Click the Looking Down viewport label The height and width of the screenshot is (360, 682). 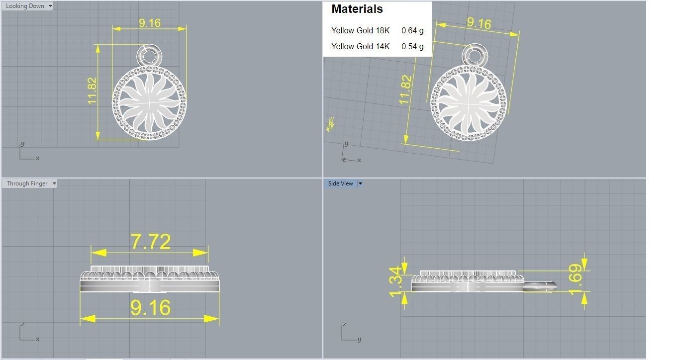25,6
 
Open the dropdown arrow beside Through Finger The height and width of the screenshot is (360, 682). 54,183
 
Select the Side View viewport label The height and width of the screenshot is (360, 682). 340,183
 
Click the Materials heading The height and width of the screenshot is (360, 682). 357,9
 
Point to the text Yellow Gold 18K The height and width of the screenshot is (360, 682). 360,30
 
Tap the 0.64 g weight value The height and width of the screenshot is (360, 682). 412,30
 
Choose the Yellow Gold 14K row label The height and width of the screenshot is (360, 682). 360,46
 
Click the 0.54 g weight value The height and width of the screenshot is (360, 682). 412,46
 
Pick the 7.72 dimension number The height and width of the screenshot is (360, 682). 150,242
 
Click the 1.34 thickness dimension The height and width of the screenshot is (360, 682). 395,281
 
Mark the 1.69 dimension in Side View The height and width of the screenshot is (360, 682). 575,274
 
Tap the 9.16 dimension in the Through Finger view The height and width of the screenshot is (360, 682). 150,308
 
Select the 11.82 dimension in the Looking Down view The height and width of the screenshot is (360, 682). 92,90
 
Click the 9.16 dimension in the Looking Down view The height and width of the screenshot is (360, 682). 150,23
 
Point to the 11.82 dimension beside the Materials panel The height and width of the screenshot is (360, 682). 405,90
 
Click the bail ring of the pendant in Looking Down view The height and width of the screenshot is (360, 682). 149,55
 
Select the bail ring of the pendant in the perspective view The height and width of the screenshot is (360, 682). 475,55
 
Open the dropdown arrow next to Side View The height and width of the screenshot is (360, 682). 360,183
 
